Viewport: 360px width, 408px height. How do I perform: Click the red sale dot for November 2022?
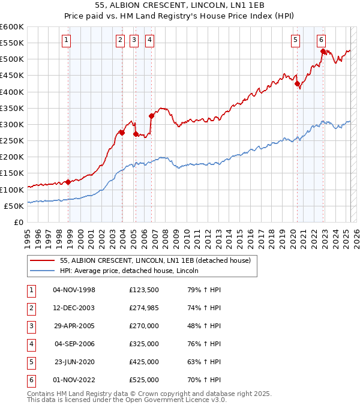pos(323,52)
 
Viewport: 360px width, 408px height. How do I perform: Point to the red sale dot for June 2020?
pos(297,84)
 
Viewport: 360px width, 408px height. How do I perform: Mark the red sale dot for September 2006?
pos(151,116)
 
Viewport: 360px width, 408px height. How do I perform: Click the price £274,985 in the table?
pos(144,308)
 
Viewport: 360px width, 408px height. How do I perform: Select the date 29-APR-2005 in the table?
pos(74,326)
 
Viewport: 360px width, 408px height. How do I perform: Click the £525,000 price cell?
pos(144,380)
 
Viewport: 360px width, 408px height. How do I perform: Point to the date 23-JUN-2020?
pos(74,362)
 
